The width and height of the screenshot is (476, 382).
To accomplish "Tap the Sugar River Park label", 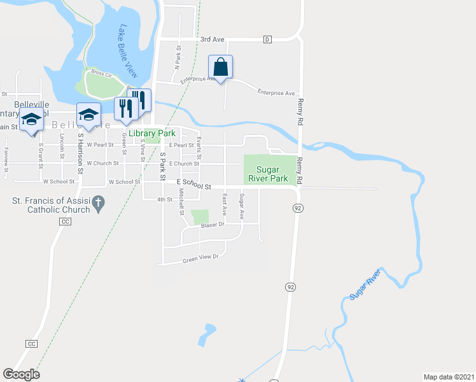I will pos(273,174).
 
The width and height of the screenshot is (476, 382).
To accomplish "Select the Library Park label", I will pos(151,133).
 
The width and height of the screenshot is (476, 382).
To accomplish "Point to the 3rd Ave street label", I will pos(213,39).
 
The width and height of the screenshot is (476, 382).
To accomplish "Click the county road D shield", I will pos(267,39).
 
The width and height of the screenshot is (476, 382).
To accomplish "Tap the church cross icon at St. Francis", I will pos(98,204).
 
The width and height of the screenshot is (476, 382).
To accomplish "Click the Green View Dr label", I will pos(200,258).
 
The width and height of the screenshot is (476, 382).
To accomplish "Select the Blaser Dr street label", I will pos(213,225).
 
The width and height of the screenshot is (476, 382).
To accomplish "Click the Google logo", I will pos(21,374).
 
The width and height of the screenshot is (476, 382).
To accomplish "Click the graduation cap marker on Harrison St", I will pos(88,115).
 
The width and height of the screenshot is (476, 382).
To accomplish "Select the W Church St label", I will pos(103,164).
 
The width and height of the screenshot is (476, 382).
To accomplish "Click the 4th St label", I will pos(165,200).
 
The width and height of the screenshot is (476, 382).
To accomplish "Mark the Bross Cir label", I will pos(101,73).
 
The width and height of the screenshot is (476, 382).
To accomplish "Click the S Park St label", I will pos(162,163).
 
